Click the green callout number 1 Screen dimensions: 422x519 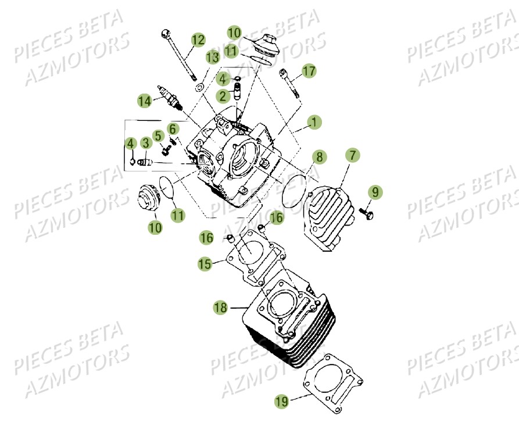click(314, 123)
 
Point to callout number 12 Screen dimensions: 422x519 click(198, 40)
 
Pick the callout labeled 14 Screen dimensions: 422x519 click(144, 101)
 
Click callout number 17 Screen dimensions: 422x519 click(309, 71)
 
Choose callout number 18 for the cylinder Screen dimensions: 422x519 click(220, 307)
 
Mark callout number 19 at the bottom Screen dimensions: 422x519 click(282, 400)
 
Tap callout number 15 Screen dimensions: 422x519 click(204, 264)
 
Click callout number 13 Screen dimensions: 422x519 click(212, 57)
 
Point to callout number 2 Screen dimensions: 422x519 click(223, 95)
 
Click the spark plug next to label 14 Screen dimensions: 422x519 click(170, 98)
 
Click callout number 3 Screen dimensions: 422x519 click(145, 142)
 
